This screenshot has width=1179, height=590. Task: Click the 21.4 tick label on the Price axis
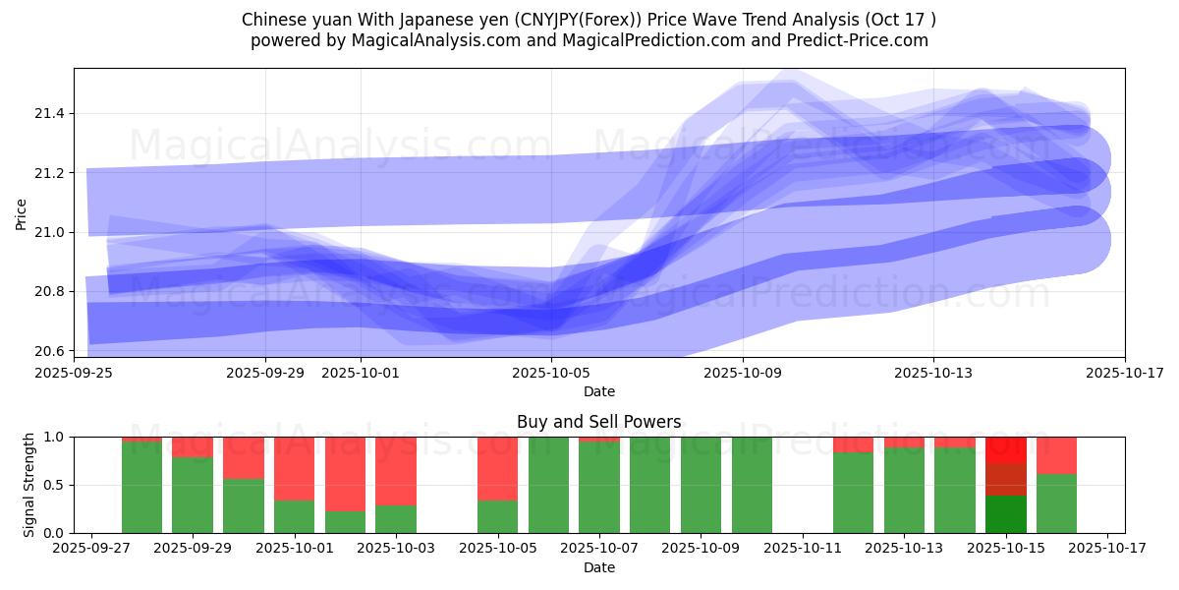point(48,114)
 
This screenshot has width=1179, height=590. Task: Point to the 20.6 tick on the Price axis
point(48,351)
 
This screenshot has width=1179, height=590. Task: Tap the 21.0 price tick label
point(48,233)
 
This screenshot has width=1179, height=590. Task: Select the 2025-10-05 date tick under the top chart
point(551,373)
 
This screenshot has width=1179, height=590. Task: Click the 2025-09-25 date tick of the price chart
point(74,373)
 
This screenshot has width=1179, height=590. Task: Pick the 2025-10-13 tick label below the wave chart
point(933,373)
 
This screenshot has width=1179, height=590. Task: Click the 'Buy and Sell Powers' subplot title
point(598,422)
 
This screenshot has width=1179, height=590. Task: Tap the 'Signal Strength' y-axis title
point(28,485)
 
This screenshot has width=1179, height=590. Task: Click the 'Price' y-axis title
point(22,213)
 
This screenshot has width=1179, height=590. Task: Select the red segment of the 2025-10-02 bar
point(345,473)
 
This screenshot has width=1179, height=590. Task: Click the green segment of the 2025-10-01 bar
point(295,516)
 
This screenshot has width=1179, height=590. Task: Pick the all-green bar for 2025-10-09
point(701,485)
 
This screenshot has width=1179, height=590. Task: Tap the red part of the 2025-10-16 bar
point(1056,455)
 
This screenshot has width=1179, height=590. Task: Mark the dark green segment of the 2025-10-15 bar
point(1005,513)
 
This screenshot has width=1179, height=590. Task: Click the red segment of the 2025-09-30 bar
point(244,457)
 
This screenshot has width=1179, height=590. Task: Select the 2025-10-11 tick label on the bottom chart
point(803,549)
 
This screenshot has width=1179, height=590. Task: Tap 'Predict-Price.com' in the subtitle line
point(865,40)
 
